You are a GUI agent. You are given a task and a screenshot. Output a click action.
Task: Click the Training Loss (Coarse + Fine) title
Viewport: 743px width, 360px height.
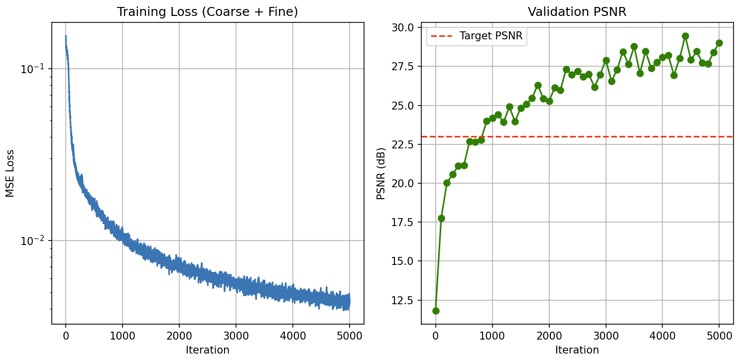(x=207, y=12)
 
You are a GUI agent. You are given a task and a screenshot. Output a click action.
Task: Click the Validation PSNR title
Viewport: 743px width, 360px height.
(x=577, y=12)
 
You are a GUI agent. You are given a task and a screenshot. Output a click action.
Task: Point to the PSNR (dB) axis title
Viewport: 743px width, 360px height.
(x=381, y=173)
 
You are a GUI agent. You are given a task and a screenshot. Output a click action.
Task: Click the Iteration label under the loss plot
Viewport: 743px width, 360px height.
(x=207, y=350)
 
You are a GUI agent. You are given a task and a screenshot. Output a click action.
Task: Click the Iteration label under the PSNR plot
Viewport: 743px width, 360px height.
(x=577, y=350)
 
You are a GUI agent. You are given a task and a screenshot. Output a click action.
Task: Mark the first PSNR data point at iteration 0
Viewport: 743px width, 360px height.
(x=436, y=311)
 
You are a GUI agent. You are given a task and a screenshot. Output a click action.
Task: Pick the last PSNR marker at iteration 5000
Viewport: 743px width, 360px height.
(x=719, y=43)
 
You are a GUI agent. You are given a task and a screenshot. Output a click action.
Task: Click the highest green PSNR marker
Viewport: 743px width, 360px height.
(x=685, y=36)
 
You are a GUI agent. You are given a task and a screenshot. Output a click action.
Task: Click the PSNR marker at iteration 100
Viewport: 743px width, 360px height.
(x=441, y=218)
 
